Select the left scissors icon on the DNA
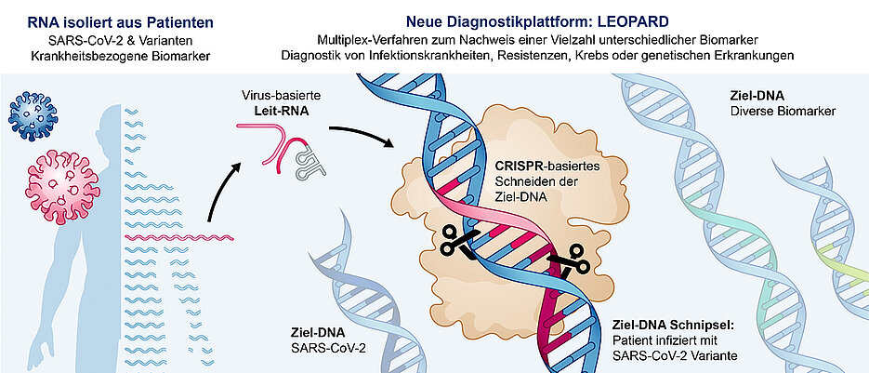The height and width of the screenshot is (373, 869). (x=455, y=239)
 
